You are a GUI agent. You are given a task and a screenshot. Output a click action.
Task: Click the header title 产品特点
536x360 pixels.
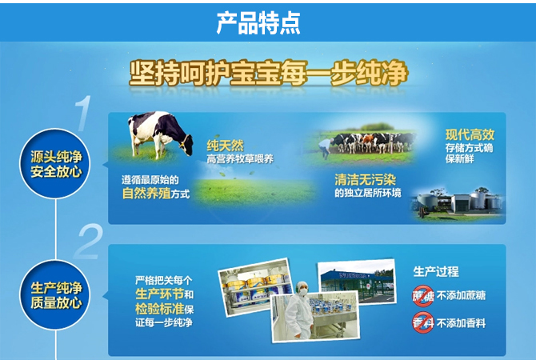[258, 23]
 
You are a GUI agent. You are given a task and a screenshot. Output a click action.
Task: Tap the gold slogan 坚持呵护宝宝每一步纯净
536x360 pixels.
[269, 73]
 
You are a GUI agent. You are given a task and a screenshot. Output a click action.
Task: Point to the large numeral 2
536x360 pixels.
[88, 242]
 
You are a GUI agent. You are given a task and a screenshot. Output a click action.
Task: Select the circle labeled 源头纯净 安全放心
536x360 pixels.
[55, 164]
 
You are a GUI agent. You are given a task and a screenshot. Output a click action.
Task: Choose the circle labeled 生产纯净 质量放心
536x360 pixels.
[55, 295]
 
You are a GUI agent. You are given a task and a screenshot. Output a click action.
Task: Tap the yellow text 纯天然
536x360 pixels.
[226, 146]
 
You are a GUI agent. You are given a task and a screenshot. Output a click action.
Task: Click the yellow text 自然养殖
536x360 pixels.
[146, 194]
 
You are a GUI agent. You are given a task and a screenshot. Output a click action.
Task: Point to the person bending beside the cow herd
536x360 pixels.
[326, 147]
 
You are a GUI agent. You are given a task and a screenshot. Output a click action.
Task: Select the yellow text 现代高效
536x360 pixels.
[470, 134]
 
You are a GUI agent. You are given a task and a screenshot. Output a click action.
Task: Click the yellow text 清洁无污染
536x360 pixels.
[365, 179]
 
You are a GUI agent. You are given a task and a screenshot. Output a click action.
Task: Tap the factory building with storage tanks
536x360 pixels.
[458, 203]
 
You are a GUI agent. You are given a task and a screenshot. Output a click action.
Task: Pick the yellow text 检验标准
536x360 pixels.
[160, 308]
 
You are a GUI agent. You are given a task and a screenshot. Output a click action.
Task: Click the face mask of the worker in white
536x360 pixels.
[303, 292]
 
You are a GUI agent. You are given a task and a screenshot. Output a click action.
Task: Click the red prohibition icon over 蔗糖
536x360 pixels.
[423, 296]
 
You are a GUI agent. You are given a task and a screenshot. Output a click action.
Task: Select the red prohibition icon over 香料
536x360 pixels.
[423, 322]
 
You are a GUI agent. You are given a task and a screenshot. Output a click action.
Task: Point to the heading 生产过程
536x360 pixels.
[436, 272]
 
